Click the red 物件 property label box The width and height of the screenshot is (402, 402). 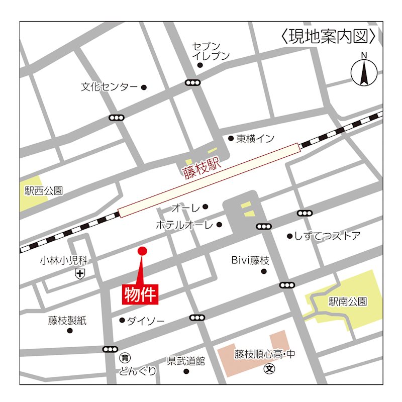[141, 293]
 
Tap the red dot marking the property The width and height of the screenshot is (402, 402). [142, 251]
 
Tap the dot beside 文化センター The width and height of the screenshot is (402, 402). [144, 87]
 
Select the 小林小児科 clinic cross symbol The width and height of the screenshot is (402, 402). [80, 274]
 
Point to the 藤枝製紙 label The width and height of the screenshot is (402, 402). [67, 320]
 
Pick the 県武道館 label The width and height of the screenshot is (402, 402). [186, 361]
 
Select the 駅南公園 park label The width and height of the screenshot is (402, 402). [348, 301]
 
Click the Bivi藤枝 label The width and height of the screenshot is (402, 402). [250, 260]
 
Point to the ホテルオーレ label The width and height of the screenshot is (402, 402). [184, 225]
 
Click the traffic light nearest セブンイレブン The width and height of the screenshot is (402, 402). [192, 82]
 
